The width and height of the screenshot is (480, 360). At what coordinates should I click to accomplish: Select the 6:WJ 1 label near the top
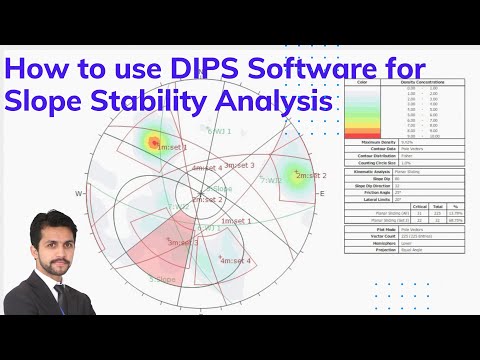(x=219, y=130)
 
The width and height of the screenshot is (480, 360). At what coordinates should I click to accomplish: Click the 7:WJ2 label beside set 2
(x=272, y=181)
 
